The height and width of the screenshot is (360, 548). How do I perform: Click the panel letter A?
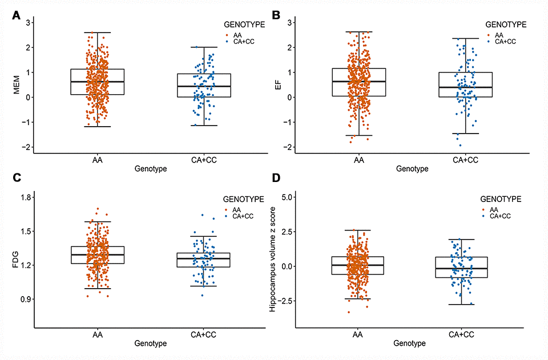coord(17,16)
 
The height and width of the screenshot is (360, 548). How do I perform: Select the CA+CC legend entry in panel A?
coord(242,42)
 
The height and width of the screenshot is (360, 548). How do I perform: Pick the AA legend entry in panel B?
coord(499,34)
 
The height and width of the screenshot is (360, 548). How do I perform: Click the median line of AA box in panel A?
coord(98,82)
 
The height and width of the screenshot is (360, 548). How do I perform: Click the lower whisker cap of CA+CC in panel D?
coord(461,304)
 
